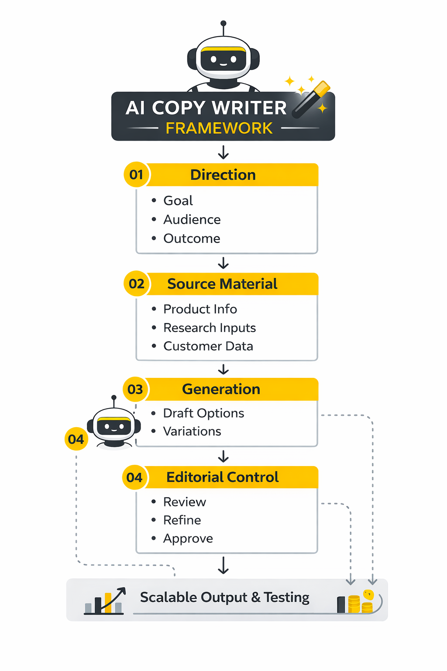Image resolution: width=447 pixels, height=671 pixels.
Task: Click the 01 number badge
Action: click(137, 175)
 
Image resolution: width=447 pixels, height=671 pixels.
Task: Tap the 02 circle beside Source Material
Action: click(137, 284)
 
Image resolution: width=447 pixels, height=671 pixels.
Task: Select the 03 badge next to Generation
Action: click(135, 389)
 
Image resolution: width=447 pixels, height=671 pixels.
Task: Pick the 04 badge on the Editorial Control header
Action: click(134, 477)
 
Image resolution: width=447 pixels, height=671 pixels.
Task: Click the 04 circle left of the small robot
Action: click(76, 439)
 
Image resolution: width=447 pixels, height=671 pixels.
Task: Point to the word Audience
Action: click(192, 219)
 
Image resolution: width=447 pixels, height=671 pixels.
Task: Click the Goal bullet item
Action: click(178, 201)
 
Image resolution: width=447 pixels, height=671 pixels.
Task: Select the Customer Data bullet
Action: click(208, 346)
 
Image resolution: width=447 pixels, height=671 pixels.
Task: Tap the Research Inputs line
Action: click(210, 328)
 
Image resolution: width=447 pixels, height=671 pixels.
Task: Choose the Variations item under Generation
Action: click(192, 431)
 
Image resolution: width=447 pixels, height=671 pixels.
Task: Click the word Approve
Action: click(188, 539)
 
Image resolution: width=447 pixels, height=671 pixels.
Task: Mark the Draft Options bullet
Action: click(203, 413)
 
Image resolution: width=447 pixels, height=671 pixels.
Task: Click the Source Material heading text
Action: click(222, 284)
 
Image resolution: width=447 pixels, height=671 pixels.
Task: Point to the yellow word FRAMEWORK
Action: click(219, 128)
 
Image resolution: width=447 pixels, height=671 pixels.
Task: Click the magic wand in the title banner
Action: click(311, 99)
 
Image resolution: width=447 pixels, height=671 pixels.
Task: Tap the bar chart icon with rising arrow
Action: click(105, 601)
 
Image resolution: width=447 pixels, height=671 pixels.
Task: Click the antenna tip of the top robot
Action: click(223, 23)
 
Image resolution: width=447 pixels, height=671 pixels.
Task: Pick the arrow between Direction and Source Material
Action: click(223, 263)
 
